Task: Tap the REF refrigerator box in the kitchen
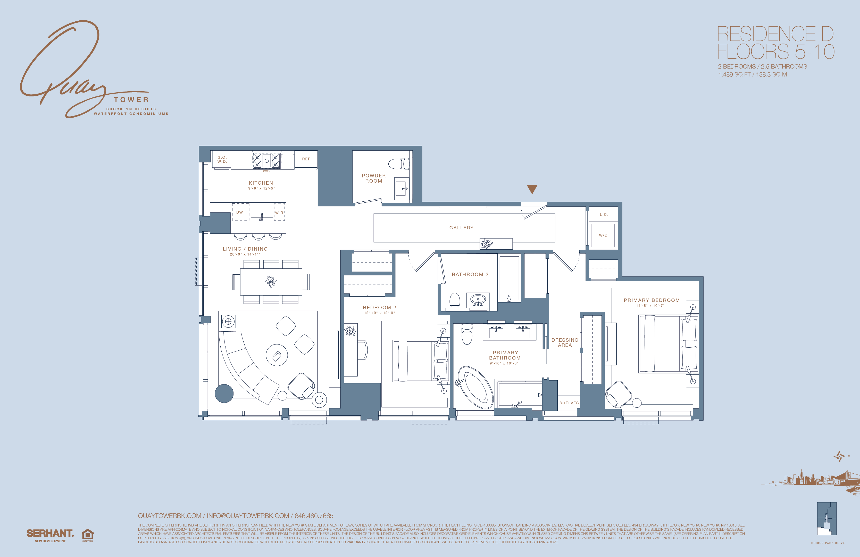click(306, 159)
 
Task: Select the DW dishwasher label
click(240, 212)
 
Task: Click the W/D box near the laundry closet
click(603, 235)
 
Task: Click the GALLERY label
click(461, 228)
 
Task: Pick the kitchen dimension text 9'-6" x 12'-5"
click(261, 188)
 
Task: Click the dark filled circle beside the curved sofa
click(224, 393)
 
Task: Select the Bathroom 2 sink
click(478, 300)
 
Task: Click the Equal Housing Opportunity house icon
click(88, 535)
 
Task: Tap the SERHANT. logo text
click(50, 533)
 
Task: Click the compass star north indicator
click(839, 456)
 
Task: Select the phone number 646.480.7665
click(314, 516)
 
